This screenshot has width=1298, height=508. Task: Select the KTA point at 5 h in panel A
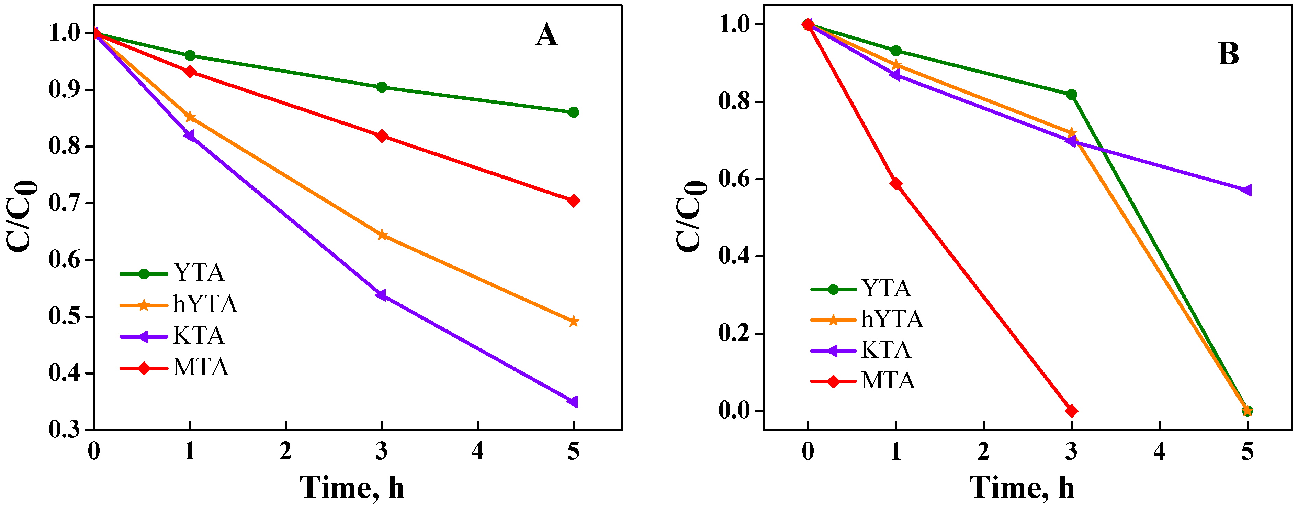[x=573, y=402]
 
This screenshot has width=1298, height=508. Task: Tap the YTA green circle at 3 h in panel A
[x=382, y=87]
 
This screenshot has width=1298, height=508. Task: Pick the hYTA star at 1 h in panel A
[x=190, y=117]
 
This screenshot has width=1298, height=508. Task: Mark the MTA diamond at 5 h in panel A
[x=573, y=201]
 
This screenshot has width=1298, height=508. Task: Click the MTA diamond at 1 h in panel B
[x=895, y=184]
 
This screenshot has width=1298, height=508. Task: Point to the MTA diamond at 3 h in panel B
[x=1071, y=411]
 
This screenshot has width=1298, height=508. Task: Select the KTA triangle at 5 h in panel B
[x=1246, y=190]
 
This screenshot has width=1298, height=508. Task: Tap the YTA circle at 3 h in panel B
[x=1071, y=94]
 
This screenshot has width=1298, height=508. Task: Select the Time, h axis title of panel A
[x=352, y=487]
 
